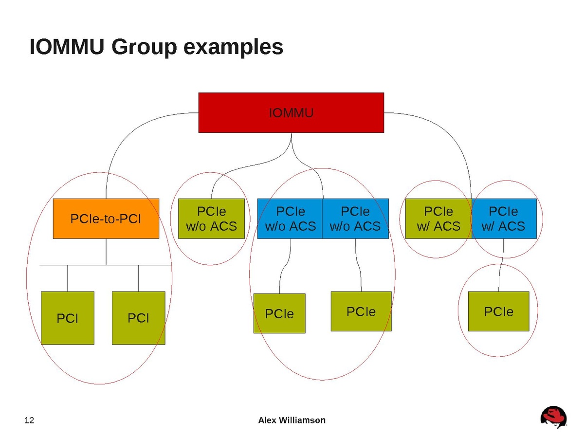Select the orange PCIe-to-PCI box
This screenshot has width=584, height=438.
(106, 219)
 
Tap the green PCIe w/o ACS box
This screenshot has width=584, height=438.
(211, 219)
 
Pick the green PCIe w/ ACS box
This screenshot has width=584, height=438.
(438, 219)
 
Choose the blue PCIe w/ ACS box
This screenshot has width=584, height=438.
(504, 219)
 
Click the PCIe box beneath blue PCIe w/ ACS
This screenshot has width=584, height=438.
(498, 311)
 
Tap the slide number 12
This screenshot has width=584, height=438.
(30, 420)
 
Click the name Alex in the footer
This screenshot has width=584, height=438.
(267, 420)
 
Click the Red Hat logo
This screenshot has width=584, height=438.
(553, 417)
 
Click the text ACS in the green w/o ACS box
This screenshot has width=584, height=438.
(225, 226)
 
